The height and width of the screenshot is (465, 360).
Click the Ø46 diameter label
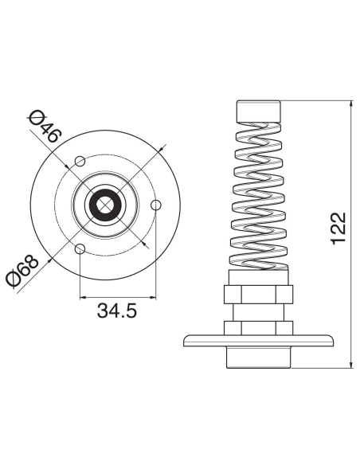[x=44, y=127]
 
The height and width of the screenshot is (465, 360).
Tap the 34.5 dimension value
[x=117, y=311]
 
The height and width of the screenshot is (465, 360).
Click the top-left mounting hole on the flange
[x=80, y=162]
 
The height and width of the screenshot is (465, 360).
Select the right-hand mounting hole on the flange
[x=156, y=205]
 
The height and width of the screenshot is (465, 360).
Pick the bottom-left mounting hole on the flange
[x=80, y=249]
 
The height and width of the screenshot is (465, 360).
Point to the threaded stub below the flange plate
[x=259, y=358]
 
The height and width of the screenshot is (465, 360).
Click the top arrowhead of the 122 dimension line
[x=351, y=105]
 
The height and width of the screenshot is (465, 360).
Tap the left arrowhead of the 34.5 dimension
[x=83, y=297]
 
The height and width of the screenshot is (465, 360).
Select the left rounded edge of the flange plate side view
[x=187, y=341]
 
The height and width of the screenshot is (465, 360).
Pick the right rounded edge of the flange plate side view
[x=330, y=341]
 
